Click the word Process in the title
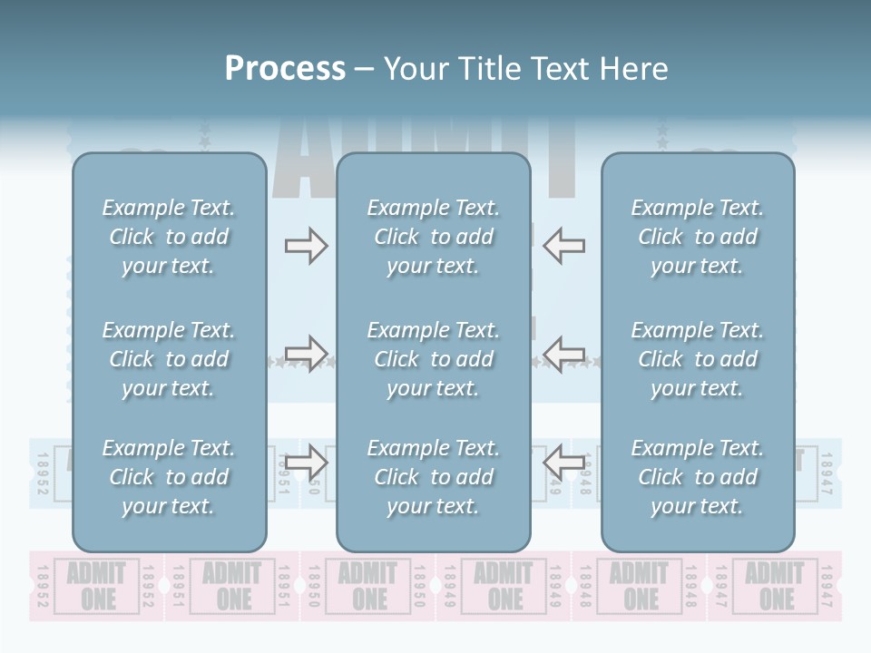(285, 69)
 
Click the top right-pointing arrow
(306, 246)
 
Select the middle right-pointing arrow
(306, 354)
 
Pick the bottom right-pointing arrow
(306, 463)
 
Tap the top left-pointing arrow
(564, 246)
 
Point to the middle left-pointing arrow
(564, 354)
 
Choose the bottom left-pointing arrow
(564, 463)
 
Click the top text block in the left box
(169, 237)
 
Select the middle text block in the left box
(169, 359)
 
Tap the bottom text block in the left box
(169, 477)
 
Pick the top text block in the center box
(433, 237)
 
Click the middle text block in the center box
(433, 359)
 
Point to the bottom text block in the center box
(433, 477)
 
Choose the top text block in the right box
(698, 237)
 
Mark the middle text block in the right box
(698, 359)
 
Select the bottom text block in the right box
(698, 477)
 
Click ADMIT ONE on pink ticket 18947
(776, 586)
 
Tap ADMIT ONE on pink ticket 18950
(369, 586)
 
